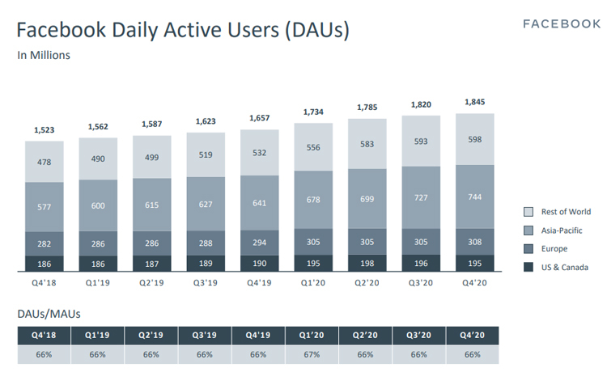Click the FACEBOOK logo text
[x=561, y=23]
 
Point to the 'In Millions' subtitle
[x=44, y=56]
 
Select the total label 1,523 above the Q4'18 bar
[x=45, y=130]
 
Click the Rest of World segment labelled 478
[x=45, y=162]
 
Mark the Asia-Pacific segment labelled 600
[x=99, y=205]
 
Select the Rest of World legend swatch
[x=528, y=212]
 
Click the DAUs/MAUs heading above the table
[x=49, y=312]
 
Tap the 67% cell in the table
[x=312, y=355]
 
